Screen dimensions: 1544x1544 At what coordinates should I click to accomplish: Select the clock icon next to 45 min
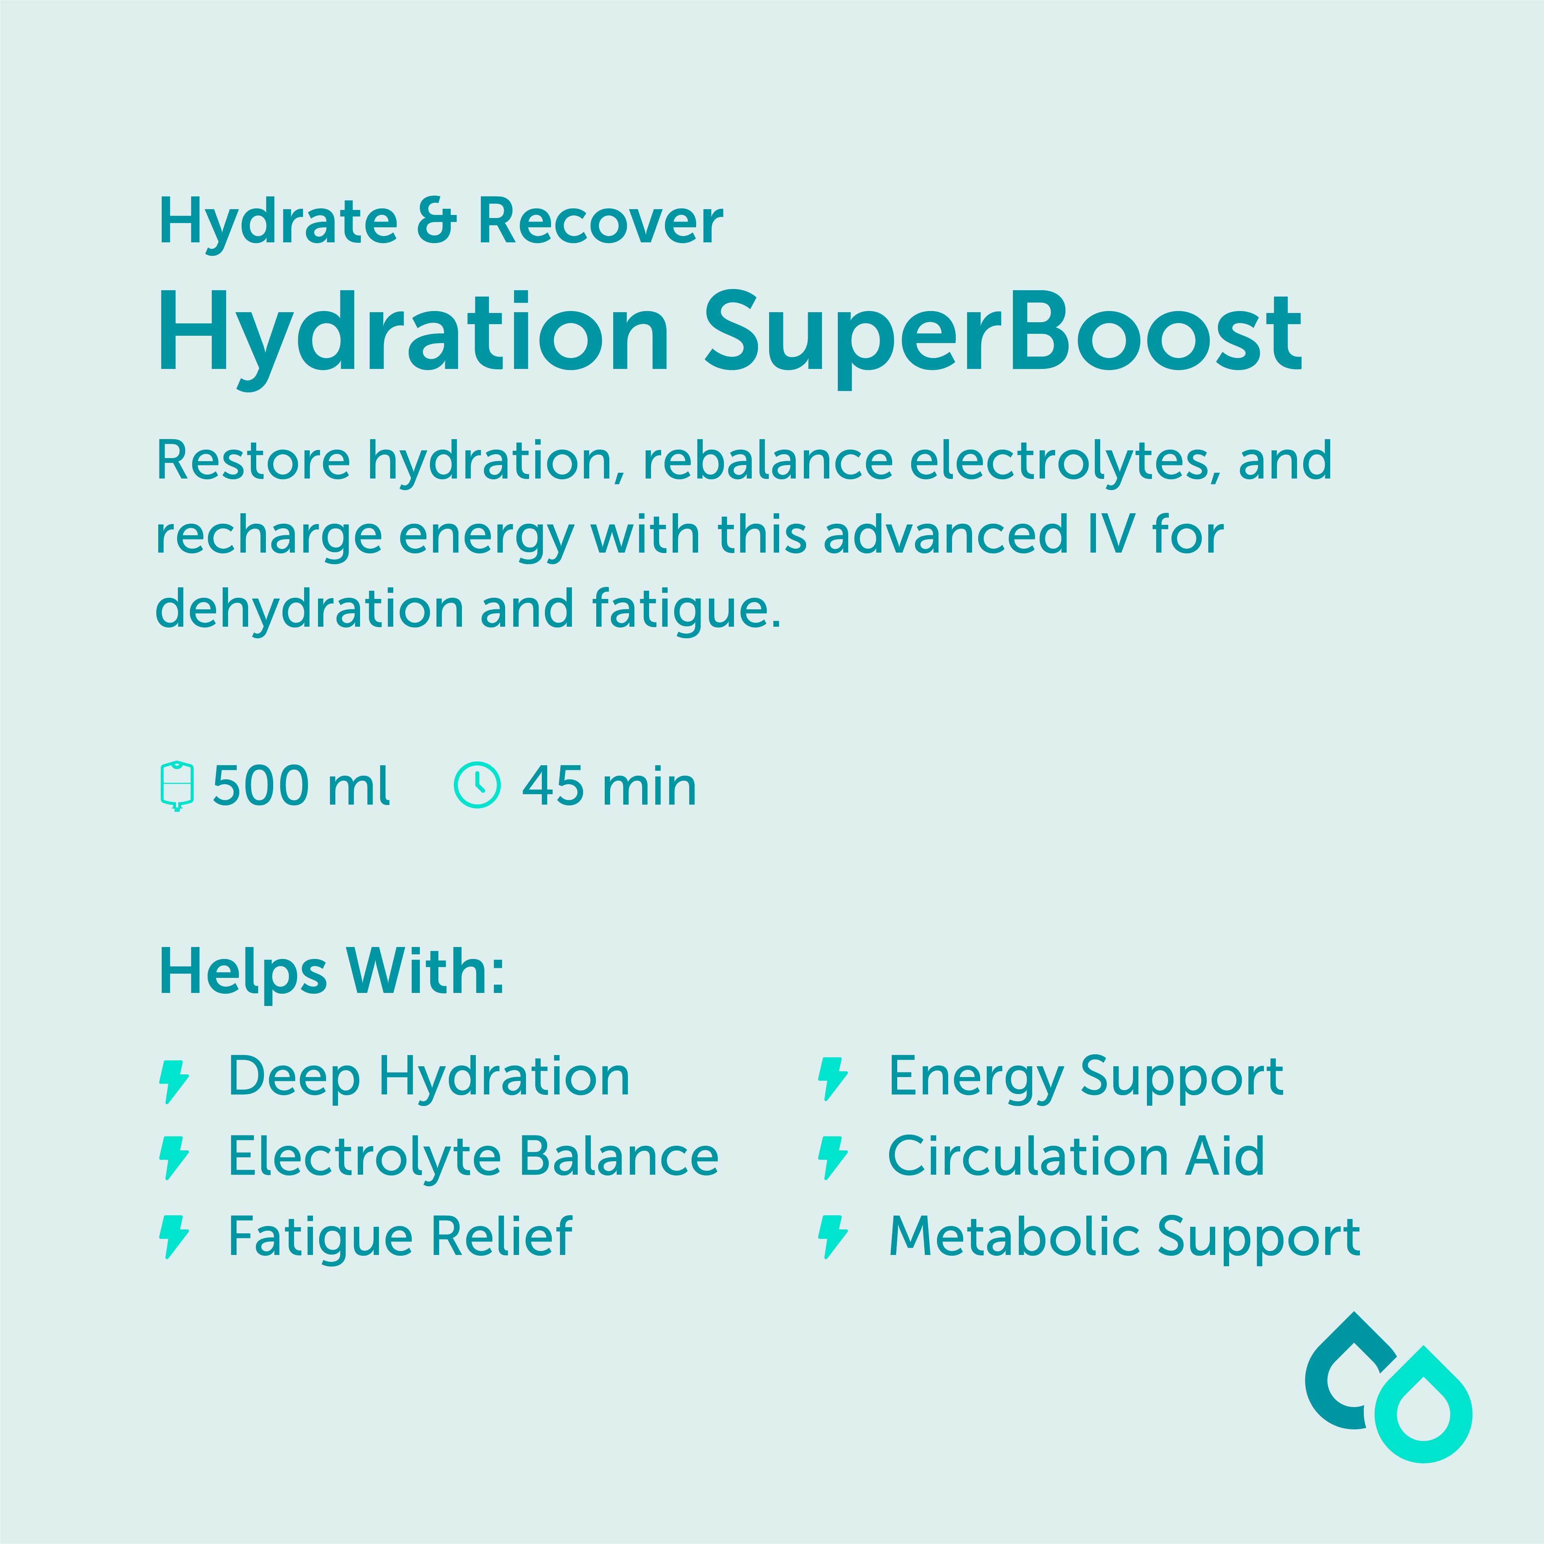coord(477,786)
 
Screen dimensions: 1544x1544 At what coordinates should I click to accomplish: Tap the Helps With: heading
coord(331,972)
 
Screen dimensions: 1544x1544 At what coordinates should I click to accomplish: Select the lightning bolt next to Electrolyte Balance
coord(175,1158)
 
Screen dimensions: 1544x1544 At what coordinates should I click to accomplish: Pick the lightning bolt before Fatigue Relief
coord(175,1237)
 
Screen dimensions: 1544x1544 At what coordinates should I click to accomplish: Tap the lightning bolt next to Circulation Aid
coord(833,1158)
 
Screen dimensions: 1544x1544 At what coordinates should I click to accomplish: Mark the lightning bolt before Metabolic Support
coord(833,1237)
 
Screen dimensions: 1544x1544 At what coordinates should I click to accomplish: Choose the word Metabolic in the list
coord(1015,1236)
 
